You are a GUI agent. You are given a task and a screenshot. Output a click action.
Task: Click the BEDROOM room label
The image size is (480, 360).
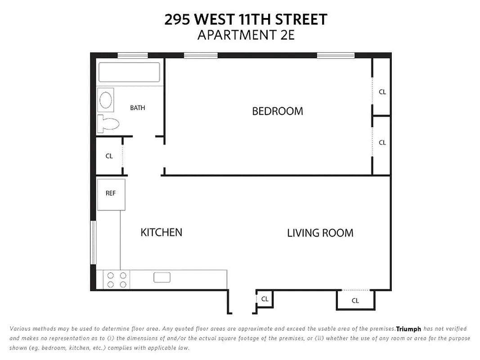click(x=277, y=111)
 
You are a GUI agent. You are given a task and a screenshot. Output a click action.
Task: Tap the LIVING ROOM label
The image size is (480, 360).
click(x=320, y=233)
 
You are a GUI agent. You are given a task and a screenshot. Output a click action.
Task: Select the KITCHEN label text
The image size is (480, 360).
click(x=161, y=232)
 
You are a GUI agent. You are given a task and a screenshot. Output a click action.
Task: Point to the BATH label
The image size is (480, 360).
click(x=137, y=108)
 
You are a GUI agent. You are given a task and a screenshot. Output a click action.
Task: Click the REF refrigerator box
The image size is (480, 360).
click(x=111, y=194)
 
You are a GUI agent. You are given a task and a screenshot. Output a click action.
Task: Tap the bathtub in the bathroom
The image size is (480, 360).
click(x=129, y=72)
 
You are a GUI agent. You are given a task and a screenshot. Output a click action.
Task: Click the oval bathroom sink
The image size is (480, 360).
click(x=106, y=100)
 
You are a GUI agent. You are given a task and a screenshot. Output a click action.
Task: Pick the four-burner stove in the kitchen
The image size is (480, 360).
click(x=117, y=279)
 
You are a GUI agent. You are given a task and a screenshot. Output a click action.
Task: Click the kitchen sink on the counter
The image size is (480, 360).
click(x=161, y=277)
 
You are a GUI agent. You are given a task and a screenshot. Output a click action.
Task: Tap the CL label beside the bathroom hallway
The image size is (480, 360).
click(x=109, y=156)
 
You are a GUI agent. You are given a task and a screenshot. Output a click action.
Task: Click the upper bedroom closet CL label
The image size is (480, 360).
click(x=382, y=92)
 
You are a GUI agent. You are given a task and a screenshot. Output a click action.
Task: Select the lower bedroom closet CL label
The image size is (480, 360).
click(x=382, y=143)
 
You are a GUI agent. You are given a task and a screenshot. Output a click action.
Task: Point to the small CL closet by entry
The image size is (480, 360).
click(x=265, y=299)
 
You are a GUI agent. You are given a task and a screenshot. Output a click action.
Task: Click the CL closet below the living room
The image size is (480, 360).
click(x=355, y=301)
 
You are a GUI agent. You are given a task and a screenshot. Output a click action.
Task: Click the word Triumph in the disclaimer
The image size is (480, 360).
click(x=408, y=329)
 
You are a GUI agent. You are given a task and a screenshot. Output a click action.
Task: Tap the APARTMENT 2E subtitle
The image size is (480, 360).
click(x=246, y=35)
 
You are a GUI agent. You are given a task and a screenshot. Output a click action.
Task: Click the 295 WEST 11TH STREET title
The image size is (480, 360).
click(x=246, y=19)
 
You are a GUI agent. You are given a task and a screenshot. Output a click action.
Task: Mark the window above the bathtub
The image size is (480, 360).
click(x=133, y=56)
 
